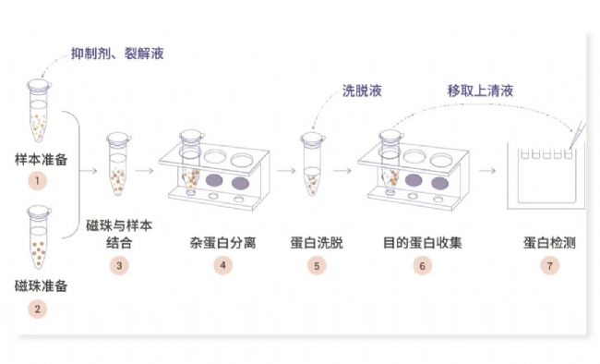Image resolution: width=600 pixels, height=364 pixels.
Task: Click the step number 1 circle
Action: [x=38, y=180]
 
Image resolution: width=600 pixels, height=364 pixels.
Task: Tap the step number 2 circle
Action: [x=38, y=309]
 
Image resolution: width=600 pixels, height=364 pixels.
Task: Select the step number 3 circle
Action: [x=119, y=265]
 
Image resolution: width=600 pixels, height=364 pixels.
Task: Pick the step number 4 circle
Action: [x=222, y=265]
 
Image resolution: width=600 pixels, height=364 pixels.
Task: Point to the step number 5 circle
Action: [x=317, y=265]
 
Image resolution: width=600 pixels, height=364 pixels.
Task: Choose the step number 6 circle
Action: [x=423, y=265]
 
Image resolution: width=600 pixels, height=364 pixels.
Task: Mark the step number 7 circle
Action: [x=550, y=265]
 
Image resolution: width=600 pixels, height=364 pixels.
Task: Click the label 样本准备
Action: [x=41, y=160]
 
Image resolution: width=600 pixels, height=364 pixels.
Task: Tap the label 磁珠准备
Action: [x=41, y=285]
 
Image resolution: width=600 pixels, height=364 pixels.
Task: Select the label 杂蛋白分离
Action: [x=222, y=243]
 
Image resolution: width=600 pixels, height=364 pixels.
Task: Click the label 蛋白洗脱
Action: [x=317, y=243]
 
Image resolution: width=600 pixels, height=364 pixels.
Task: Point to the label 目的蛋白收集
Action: [x=423, y=243]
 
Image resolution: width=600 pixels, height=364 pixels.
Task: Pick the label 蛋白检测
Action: [x=550, y=243]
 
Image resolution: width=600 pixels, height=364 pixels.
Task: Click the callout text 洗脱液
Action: [x=362, y=91]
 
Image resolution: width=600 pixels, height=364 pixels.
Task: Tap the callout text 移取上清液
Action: [x=480, y=91]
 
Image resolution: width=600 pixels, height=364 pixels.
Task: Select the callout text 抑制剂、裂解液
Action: [x=117, y=54]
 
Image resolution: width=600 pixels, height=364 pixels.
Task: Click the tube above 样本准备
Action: [x=39, y=111]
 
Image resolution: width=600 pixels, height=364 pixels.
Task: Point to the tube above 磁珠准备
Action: [x=39, y=237]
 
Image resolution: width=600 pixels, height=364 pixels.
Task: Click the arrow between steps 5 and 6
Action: [x=342, y=170]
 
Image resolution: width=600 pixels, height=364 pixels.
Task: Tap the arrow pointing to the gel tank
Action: [x=487, y=170]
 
